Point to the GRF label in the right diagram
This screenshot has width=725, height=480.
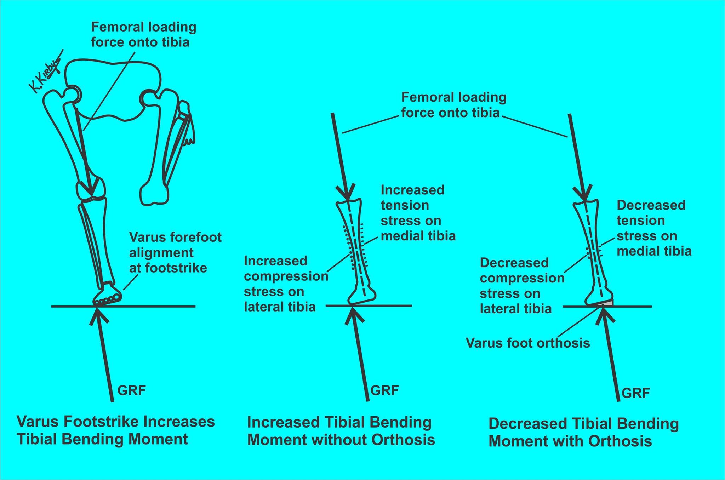[636, 393]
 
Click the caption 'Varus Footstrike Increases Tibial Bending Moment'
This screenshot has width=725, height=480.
[116, 430]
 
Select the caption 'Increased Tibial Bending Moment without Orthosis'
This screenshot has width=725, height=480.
[341, 431]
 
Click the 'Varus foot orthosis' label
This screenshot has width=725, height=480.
[528, 343]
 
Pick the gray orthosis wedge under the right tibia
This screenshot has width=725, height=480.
[607, 303]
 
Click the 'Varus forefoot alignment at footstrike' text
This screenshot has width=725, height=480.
[175, 252]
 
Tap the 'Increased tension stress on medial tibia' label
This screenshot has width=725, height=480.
[418, 213]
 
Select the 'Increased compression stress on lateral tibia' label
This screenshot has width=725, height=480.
[285, 284]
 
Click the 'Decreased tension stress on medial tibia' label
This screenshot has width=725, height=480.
[653, 228]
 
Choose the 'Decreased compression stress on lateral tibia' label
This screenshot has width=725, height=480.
[521, 286]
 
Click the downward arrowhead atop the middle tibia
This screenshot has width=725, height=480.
[347, 195]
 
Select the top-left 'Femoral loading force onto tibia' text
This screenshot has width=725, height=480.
[143, 34]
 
